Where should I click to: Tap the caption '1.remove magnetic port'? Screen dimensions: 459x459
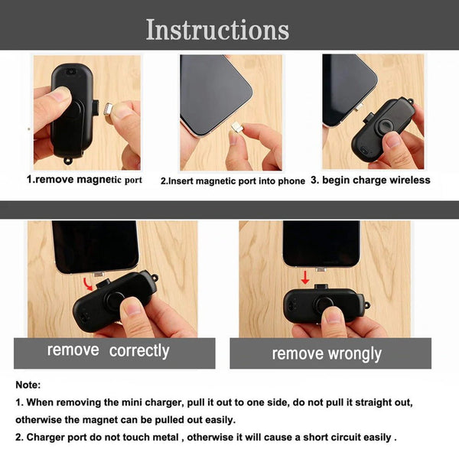[x=84, y=180]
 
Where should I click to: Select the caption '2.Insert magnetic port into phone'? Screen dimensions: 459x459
[x=233, y=181]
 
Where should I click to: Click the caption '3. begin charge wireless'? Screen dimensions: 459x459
[x=376, y=181]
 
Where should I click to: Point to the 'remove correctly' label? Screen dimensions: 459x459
[x=108, y=350]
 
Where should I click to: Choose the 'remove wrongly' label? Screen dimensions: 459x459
[x=327, y=353]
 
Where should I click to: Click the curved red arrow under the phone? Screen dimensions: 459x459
[x=90, y=285]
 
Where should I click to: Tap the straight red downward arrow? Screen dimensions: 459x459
[x=305, y=277]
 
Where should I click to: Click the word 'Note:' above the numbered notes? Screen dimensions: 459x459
[x=28, y=385]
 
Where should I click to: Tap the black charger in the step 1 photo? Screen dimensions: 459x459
[x=69, y=111]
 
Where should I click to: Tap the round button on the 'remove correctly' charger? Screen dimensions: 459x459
[x=116, y=300]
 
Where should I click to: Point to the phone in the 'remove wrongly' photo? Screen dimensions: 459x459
[x=321, y=243]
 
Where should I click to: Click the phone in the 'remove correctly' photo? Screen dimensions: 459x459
[x=94, y=245]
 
